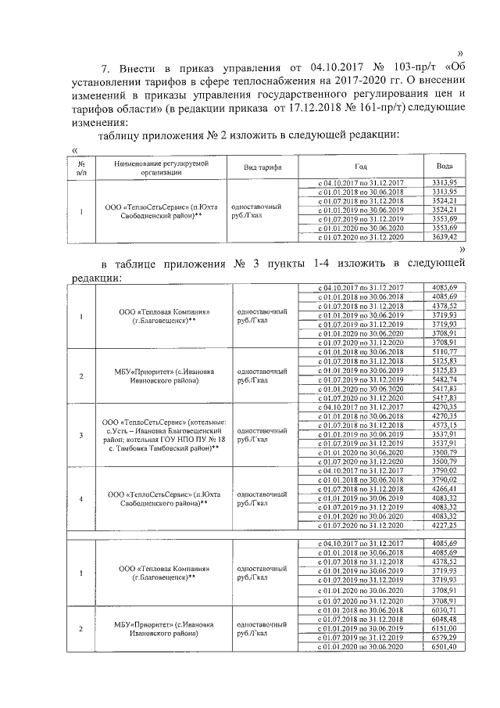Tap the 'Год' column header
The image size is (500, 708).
[360, 167]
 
